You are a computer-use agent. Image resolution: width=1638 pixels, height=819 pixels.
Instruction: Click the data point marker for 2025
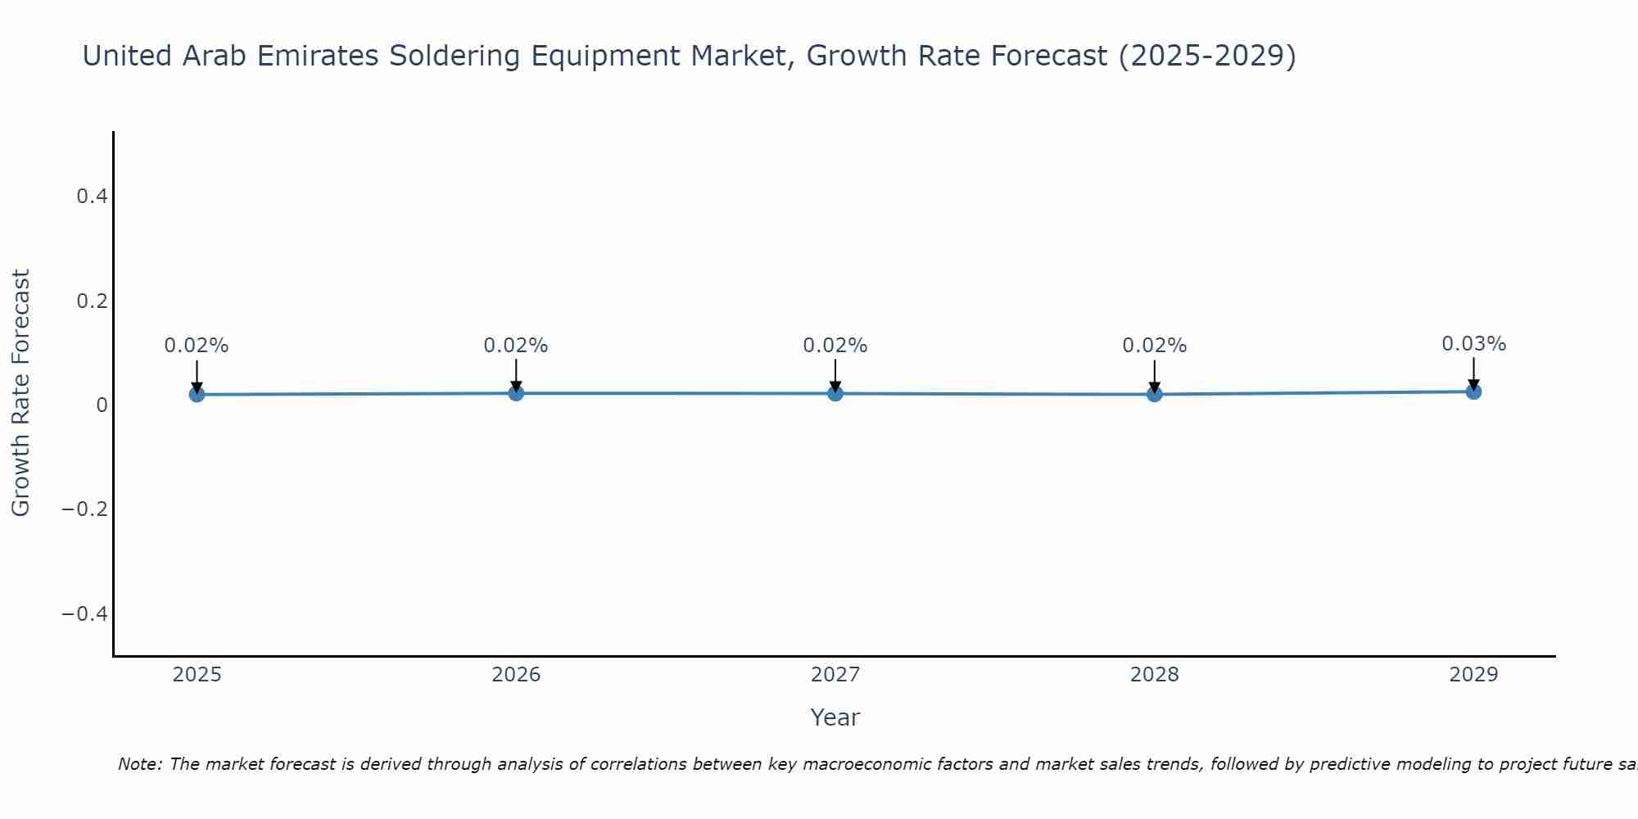pyautogui.click(x=197, y=395)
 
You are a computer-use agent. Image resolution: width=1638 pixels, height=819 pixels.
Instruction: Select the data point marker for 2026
pyautogui.click(x=516, y=393)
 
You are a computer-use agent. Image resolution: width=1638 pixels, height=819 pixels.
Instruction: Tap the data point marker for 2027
pyautogui.click(x=835, y=394)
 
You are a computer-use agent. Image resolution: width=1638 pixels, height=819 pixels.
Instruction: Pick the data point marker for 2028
pyautogui.click(x=1154, y=395)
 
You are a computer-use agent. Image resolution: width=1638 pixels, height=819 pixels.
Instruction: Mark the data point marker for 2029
pyautogui.click(x=1473, y=391)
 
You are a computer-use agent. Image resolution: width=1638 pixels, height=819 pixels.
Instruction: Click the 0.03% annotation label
pyautogui.click(x=1473, y=344)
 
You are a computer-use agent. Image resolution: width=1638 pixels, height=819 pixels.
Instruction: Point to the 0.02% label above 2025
pyautogui.click(x=197, y=346)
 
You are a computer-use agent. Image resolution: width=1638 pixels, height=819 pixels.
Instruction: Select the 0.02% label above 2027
pyautogui.click(x=835, y=346)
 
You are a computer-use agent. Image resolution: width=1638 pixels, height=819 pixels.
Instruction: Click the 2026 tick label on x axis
pyautogui.click(x=516, y=675)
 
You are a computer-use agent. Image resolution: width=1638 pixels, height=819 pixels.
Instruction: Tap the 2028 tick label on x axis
pyautogui.click(x=1154, y=675)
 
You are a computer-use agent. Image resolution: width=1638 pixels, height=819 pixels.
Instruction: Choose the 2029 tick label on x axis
pyautogui.click(x=1473, y=675)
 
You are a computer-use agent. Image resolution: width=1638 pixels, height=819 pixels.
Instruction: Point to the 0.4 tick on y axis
pyautogui.click(x=92, y=197)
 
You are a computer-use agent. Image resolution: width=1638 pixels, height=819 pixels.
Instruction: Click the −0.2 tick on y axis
pyautogui.click(x=84, y=509)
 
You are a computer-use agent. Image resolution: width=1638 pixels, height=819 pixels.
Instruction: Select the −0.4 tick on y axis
pyautogui.click(x=84, y=614)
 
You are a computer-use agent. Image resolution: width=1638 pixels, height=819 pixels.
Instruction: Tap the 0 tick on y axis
pyautogui.click(x=102, y=405)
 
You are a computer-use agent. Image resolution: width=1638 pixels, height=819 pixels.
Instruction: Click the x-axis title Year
pyautogui.click(x=835, y=718)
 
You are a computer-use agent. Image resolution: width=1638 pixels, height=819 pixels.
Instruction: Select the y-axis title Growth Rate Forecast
pyautogui.click(x=20, y=393)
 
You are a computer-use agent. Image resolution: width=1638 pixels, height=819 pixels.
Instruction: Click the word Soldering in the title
pyautogui.click(x=455, y=57)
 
